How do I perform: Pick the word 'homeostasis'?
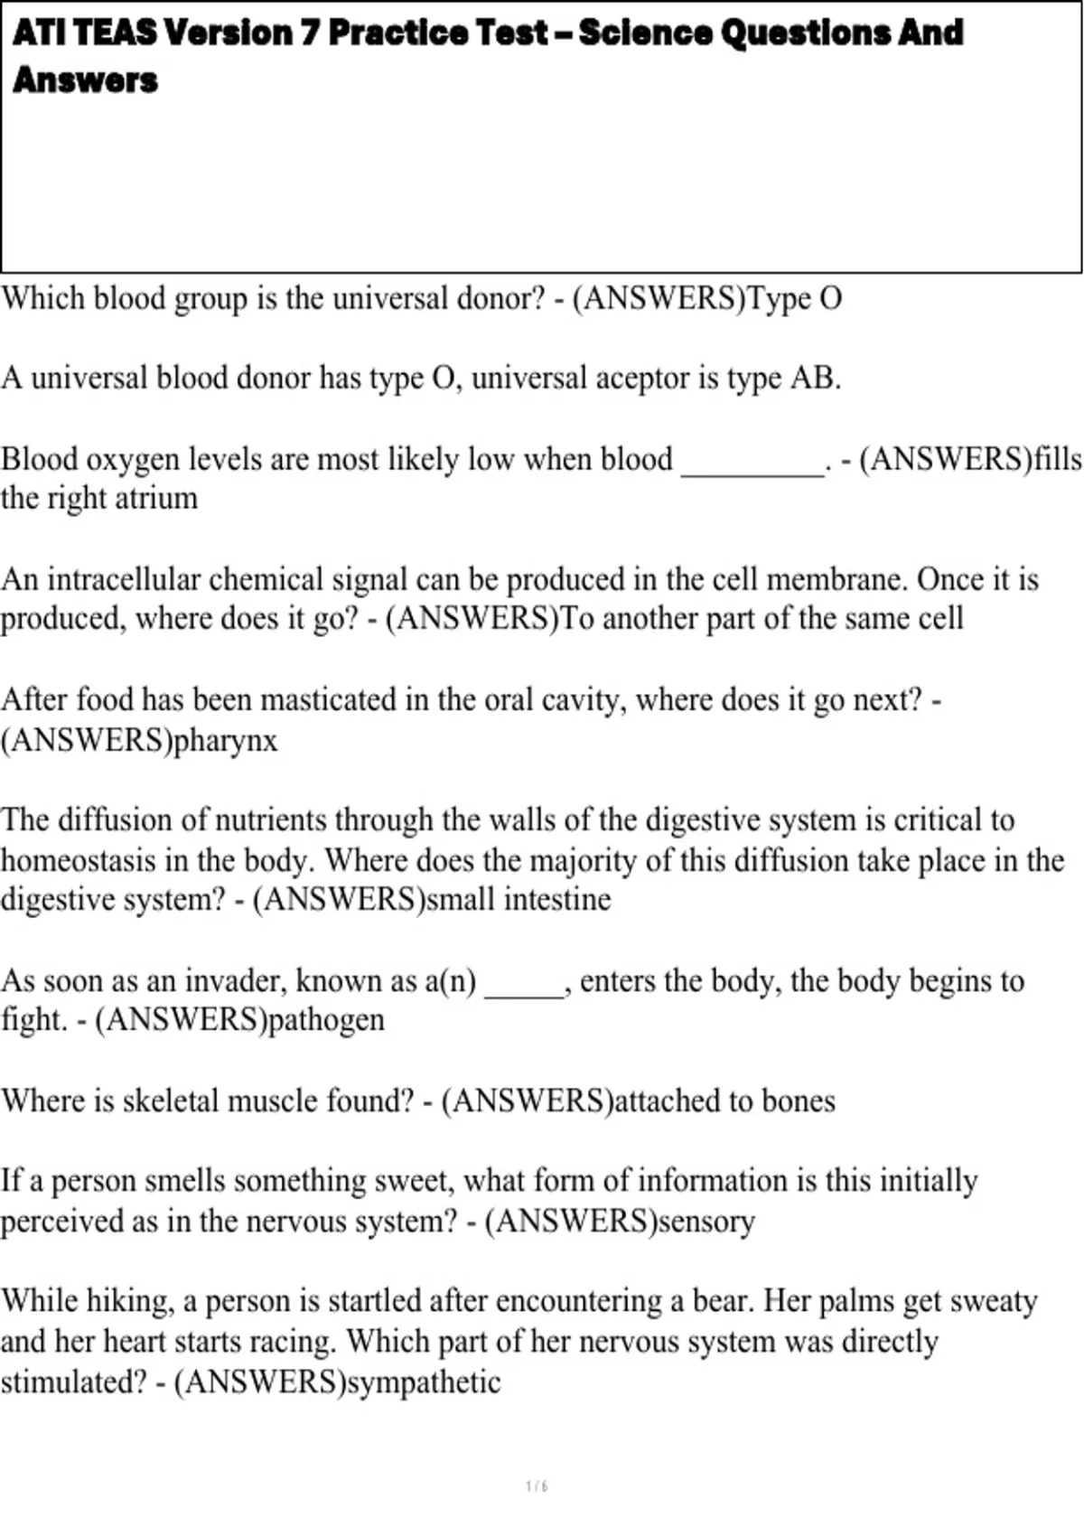(79, 860)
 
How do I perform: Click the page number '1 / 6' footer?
(537, 1486)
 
